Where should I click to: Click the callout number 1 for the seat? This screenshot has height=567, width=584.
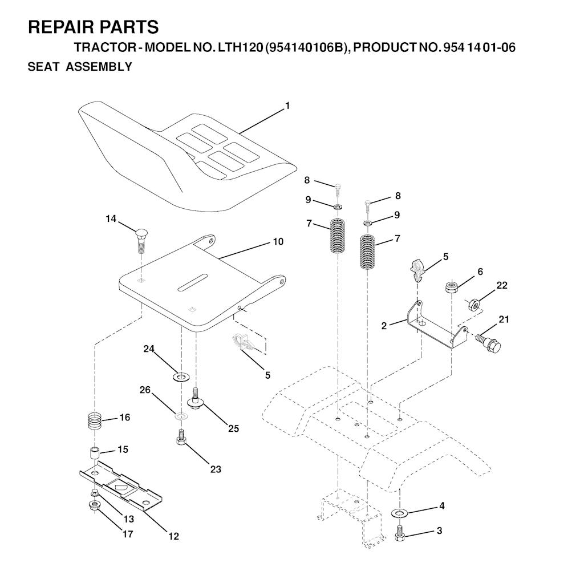tap(287, 106)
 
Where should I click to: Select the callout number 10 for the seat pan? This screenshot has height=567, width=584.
tap(278, 241)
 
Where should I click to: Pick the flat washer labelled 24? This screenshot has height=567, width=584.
tap(181, 376)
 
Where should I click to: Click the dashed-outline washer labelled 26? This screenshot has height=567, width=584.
tap(181, 415)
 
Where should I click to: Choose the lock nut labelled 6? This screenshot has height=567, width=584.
tap(452, 287)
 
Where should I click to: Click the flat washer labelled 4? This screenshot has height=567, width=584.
tap(400, 513)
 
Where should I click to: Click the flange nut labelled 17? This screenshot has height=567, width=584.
tap(94, 505)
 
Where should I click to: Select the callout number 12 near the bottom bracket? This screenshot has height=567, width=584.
tap(173, 536)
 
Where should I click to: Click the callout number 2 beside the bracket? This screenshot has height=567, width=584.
tap(384, 326)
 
